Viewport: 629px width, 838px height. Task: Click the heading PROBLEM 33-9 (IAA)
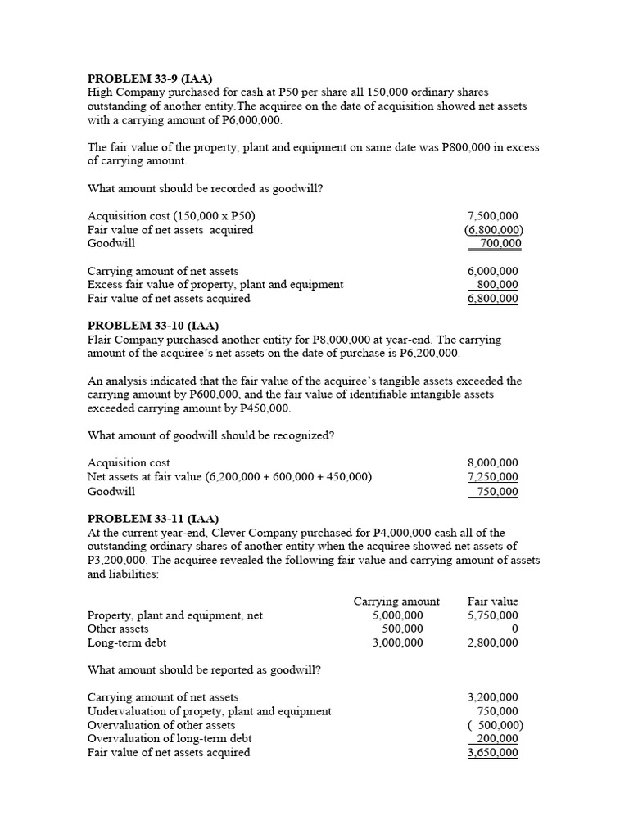click(149, 79)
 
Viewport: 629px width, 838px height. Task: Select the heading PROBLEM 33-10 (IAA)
click(152, 326)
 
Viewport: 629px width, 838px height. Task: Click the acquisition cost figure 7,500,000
click(492, 216)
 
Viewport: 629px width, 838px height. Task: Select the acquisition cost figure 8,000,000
click(492, 463)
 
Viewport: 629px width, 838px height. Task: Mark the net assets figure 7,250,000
click(492, 477)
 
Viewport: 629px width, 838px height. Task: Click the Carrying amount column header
click(396, 601)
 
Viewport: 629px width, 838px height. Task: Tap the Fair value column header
click(492, 601)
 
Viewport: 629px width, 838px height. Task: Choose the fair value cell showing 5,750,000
click(492, 615)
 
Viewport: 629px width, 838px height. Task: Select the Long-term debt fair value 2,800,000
click(492, 643)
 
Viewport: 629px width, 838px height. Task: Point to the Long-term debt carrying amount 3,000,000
click(397, 643)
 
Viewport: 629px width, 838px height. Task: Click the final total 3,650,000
click(492, 753)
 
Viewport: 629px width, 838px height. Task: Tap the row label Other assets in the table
click(118, 629)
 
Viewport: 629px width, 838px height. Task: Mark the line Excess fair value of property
click(215, 285)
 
